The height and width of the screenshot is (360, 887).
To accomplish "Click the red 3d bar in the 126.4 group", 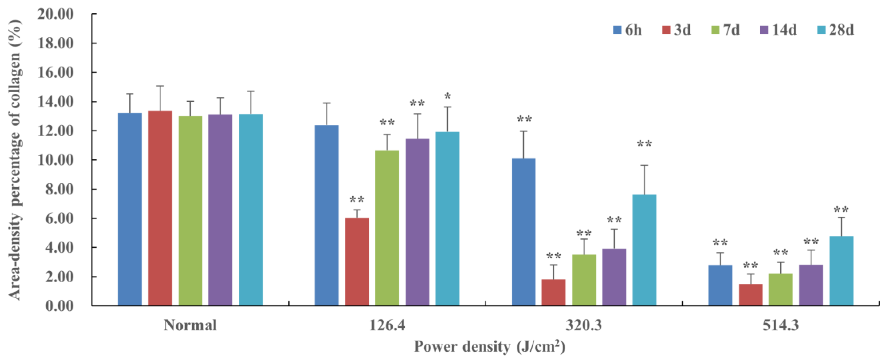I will tap(357, 262).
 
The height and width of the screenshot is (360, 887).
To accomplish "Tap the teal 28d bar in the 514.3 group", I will tap(841, 271).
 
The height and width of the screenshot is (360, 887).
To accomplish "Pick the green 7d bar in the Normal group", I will tap(190, 211).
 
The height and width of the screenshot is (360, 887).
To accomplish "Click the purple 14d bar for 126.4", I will tap(417, 222).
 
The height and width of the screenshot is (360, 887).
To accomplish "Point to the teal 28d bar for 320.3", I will tap(644, 250).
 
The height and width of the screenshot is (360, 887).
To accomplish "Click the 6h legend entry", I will tap(627, 30).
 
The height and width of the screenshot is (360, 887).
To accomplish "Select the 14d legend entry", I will tap(778, 30).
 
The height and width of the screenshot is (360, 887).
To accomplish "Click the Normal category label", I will tap(190, 325).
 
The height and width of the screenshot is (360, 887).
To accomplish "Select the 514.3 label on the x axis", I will tap(780, 325).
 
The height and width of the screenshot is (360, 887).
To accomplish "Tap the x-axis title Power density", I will tap(489, 347).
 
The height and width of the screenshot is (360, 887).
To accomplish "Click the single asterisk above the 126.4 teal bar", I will tap(447, 97).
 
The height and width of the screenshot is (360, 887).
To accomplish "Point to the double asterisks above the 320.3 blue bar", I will tap(524, 119).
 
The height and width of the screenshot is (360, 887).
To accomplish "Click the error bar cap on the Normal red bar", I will tap(160, 86).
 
